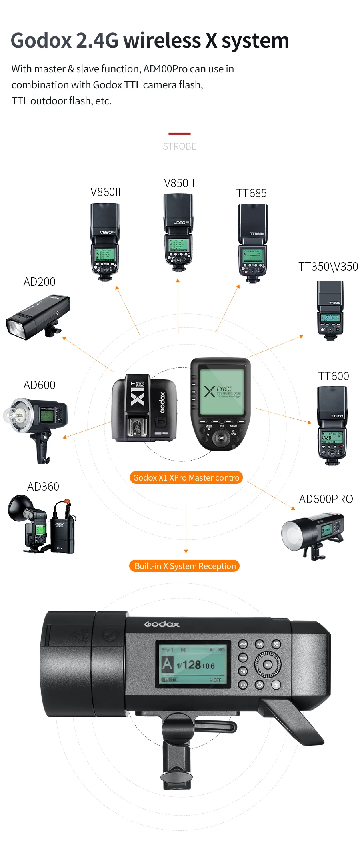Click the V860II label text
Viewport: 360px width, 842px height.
[x=105, y=192]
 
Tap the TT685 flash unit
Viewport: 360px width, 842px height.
[x=252, y=243]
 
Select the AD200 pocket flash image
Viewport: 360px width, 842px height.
[x=38, y=317]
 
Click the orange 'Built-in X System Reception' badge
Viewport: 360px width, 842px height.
[x=184, y=566]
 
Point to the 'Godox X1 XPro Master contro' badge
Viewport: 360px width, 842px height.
[x=186, y=477]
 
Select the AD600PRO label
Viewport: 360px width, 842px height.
[x=326, y=499]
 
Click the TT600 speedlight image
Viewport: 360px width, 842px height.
[x=332, y=426]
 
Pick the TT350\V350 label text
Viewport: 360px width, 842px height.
[x=328, y=267]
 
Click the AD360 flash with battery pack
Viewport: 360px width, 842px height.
[x=42, y=524]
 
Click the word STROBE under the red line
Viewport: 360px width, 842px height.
[x=179, y=146]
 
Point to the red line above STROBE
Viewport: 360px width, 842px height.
[x=179, y=134]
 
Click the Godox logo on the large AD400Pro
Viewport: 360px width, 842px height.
[x=162, y=624]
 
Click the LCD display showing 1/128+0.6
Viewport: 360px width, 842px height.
[x=193, y=664]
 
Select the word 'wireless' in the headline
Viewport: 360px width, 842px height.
[x=162, y=41]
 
